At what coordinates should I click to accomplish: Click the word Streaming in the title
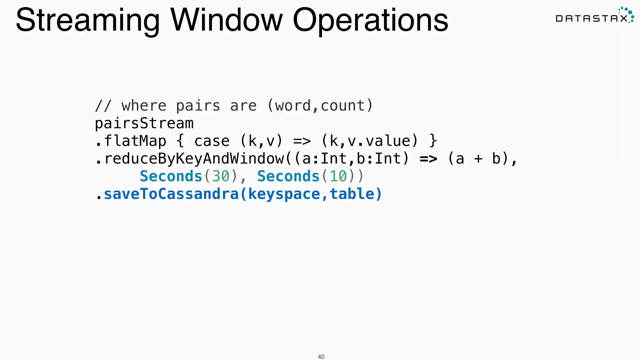(x=87, y=21)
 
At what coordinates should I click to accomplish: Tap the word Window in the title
(x=227, y=20)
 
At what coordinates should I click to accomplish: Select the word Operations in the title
(x=370, y=21)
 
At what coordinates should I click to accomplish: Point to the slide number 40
(x=321, y=357)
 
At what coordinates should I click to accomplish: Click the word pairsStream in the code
(x=144, y=123)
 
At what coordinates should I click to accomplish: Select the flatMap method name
(x=135, y=141)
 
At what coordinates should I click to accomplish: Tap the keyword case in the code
(x=212, y=141)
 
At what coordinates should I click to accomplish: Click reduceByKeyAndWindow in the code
(x=194, y=159)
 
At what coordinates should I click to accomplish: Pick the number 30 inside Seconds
(x=221, y=176)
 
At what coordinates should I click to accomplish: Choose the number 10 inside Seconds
(x=338, y=176)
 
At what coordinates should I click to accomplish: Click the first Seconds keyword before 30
(x=171, y=176)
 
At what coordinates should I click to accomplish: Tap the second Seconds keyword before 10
(x=288, y=176)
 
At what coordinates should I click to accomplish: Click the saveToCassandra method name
(x=171, y=194)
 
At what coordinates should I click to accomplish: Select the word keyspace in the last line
(x=284, y=194)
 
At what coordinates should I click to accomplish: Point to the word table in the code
(x=352, y=194)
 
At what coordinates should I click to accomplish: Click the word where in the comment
(x=144, y=106)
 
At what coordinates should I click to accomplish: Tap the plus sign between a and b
(x=478, y=159)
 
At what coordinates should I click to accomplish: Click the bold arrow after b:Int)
(x=428, y=159)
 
